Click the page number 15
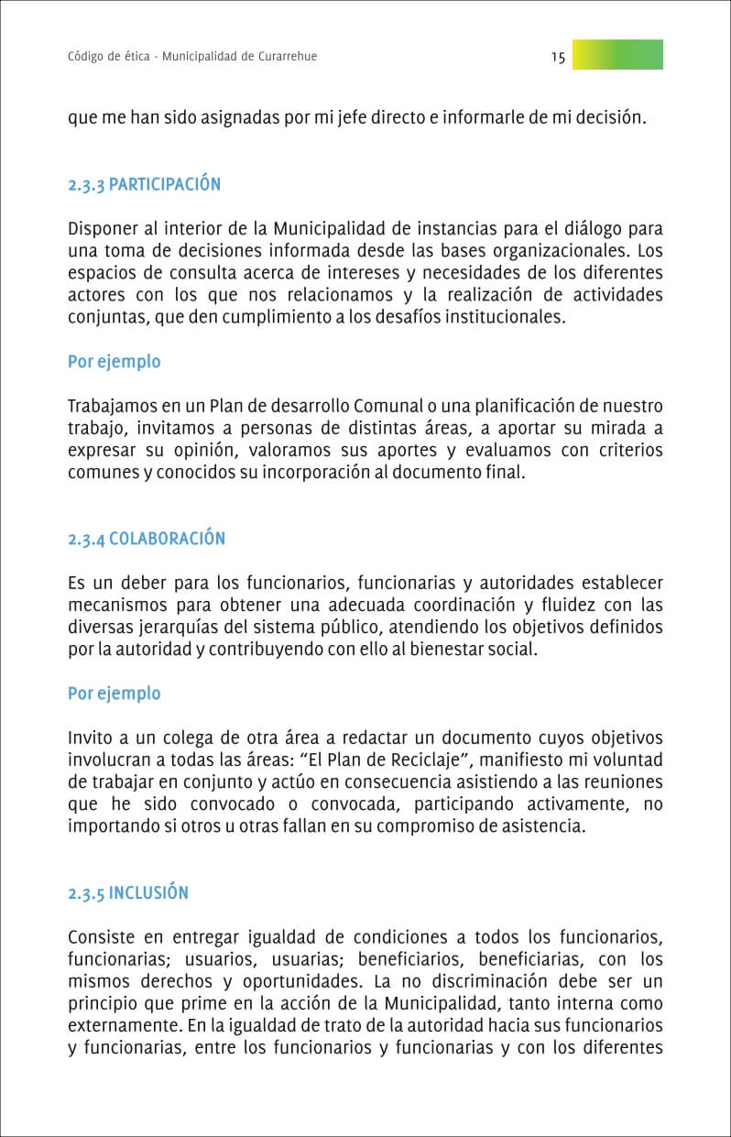pos(558,57)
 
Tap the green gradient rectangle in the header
pos(617,55)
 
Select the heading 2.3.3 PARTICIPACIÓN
pos(144,184)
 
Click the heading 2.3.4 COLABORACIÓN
pos(147,539)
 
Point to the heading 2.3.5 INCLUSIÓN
pos(128,893)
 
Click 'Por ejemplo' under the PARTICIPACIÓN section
pos(114,362)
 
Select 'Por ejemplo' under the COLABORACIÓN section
pos(114,694)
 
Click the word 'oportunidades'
pos(288,982)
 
